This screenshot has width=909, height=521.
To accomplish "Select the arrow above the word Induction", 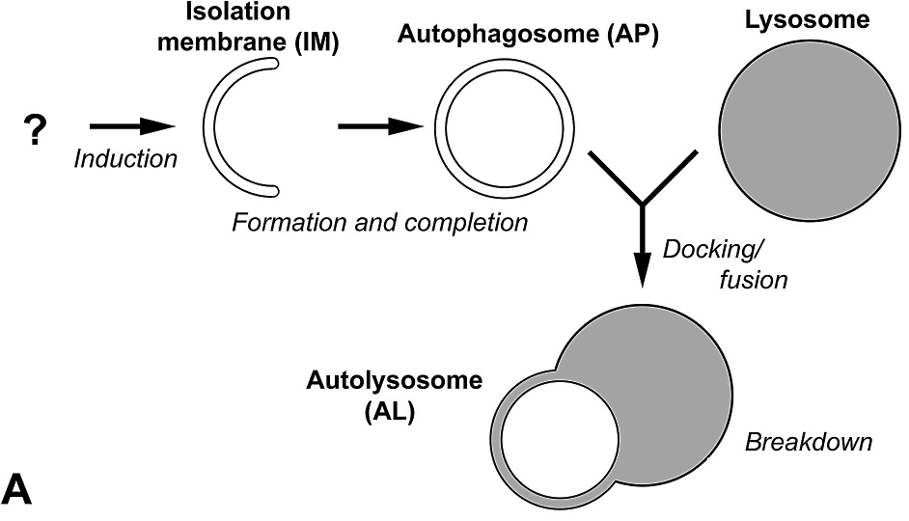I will click(x=130, y=126).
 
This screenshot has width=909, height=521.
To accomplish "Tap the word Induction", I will click(x=125, y=159).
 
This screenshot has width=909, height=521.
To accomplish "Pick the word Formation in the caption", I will click(x=279, y=223).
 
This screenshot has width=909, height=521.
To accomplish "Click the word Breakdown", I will click(x=809, y=443).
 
